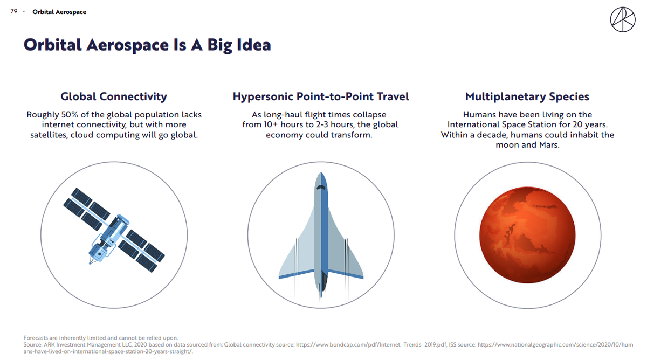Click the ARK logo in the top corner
pyautogui.click(x=623, y=19)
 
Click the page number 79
pyautogui.click(x=14, y=11)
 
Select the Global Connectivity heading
pyautogui.click(x=114, y=96)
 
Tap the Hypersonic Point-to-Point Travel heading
pyautogui.click(x=321, y=96)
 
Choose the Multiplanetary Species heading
pyautogui.click(x=527, y=96)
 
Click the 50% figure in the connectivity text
pyautogui.click(x=70, y=115)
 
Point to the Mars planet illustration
pyautogui.click(x=527, y=235)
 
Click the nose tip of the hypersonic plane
pyautogui.click(x=321, y=172)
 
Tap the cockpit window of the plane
pyautogui.click(x=321, y=188)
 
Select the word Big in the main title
pyautogui.click(x=219, y=46)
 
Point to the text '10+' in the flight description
pyautogui.click(x=271, y=124)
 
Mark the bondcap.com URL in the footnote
pyautogui.click(x=371, y=345)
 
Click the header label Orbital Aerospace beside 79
pyautogui.click(x=59, y=12)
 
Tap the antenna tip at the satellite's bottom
pyautogui.click(x=90, y=263)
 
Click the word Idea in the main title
pyautogui.click(x=254, y=45)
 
